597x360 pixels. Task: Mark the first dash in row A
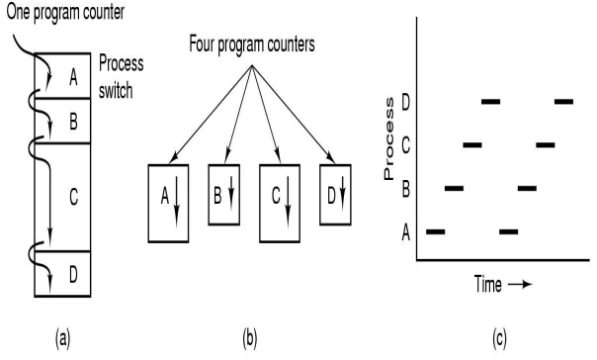click(x=435, y=231)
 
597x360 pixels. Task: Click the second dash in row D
click(x=564, y=101)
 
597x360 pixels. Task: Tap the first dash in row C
click(x=471, y=144)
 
